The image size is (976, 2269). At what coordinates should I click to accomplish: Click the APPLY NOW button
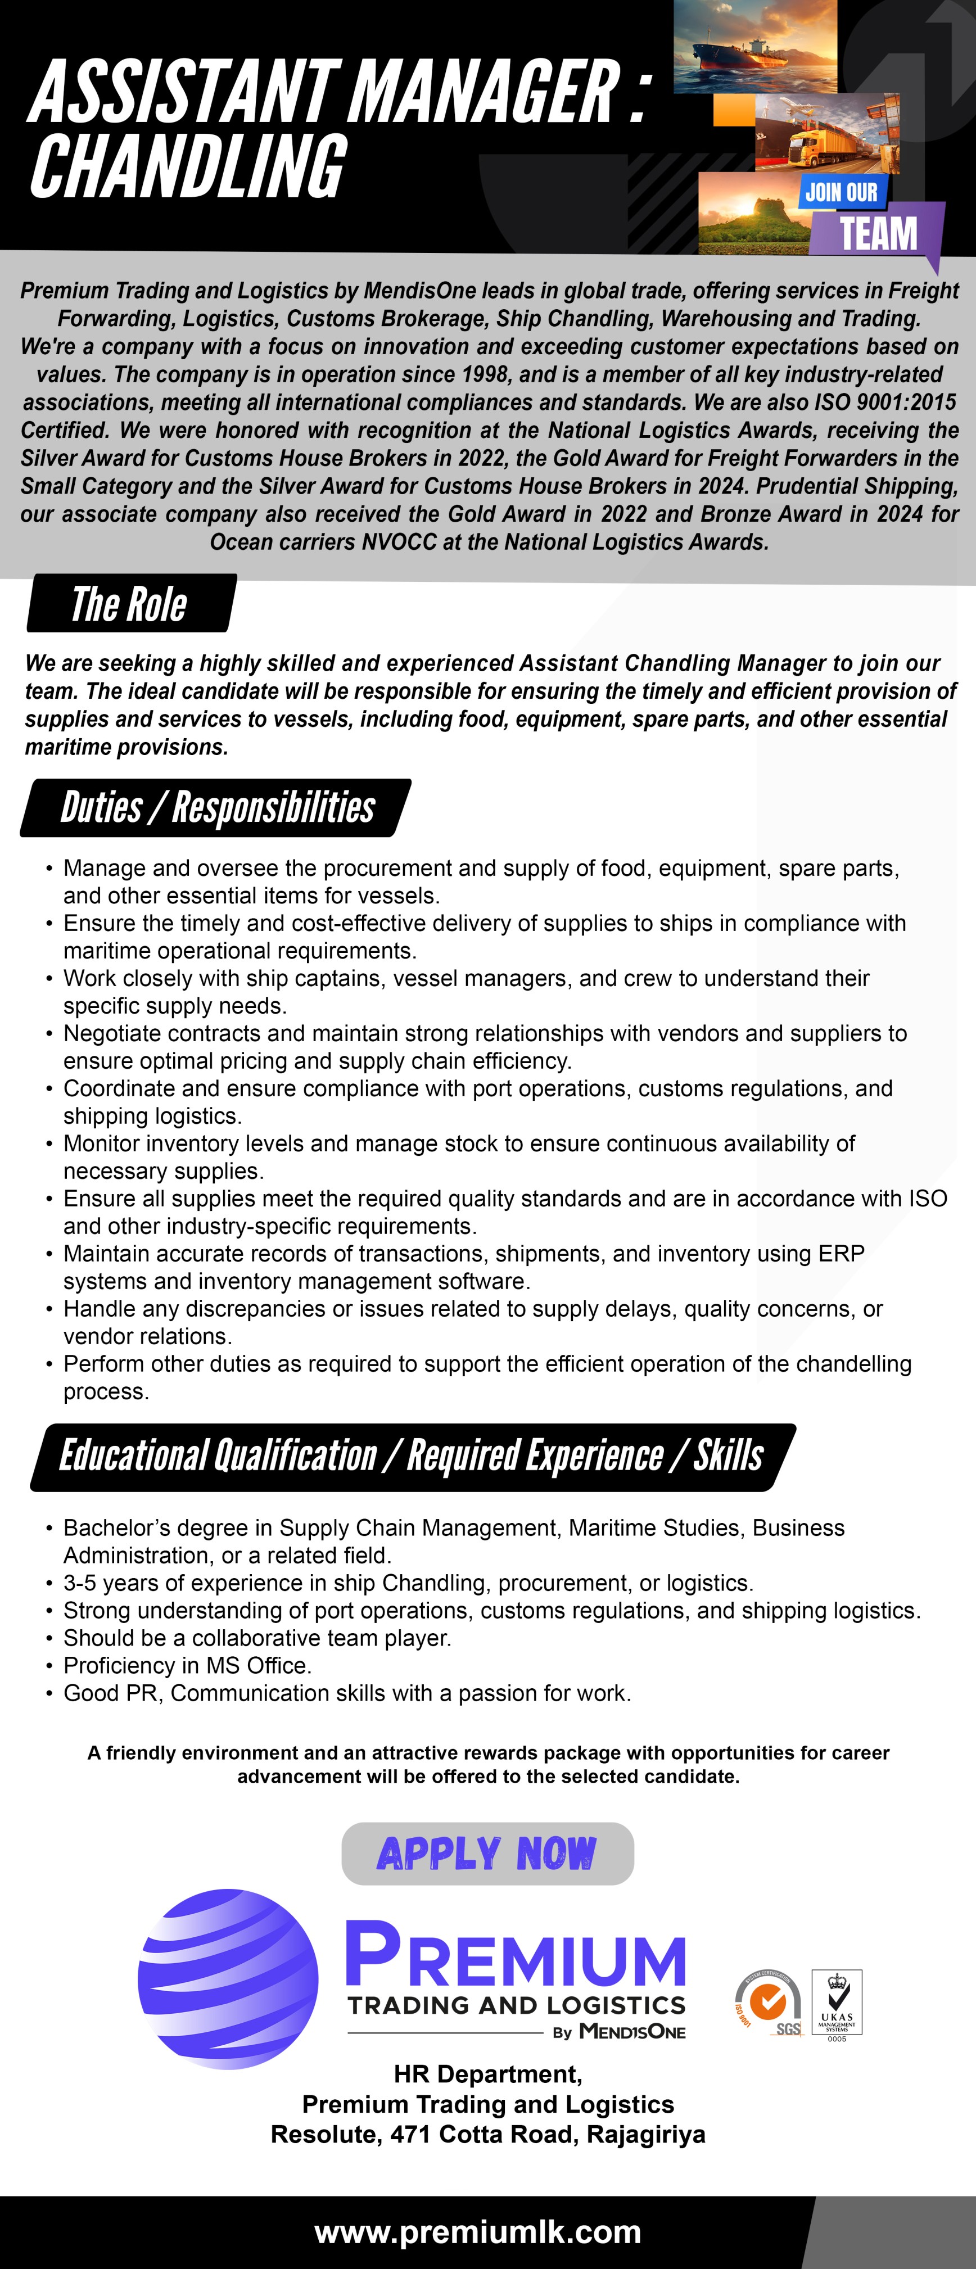487,1853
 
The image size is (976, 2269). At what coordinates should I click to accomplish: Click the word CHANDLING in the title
188,168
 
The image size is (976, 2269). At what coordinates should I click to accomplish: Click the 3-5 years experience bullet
408,1582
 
